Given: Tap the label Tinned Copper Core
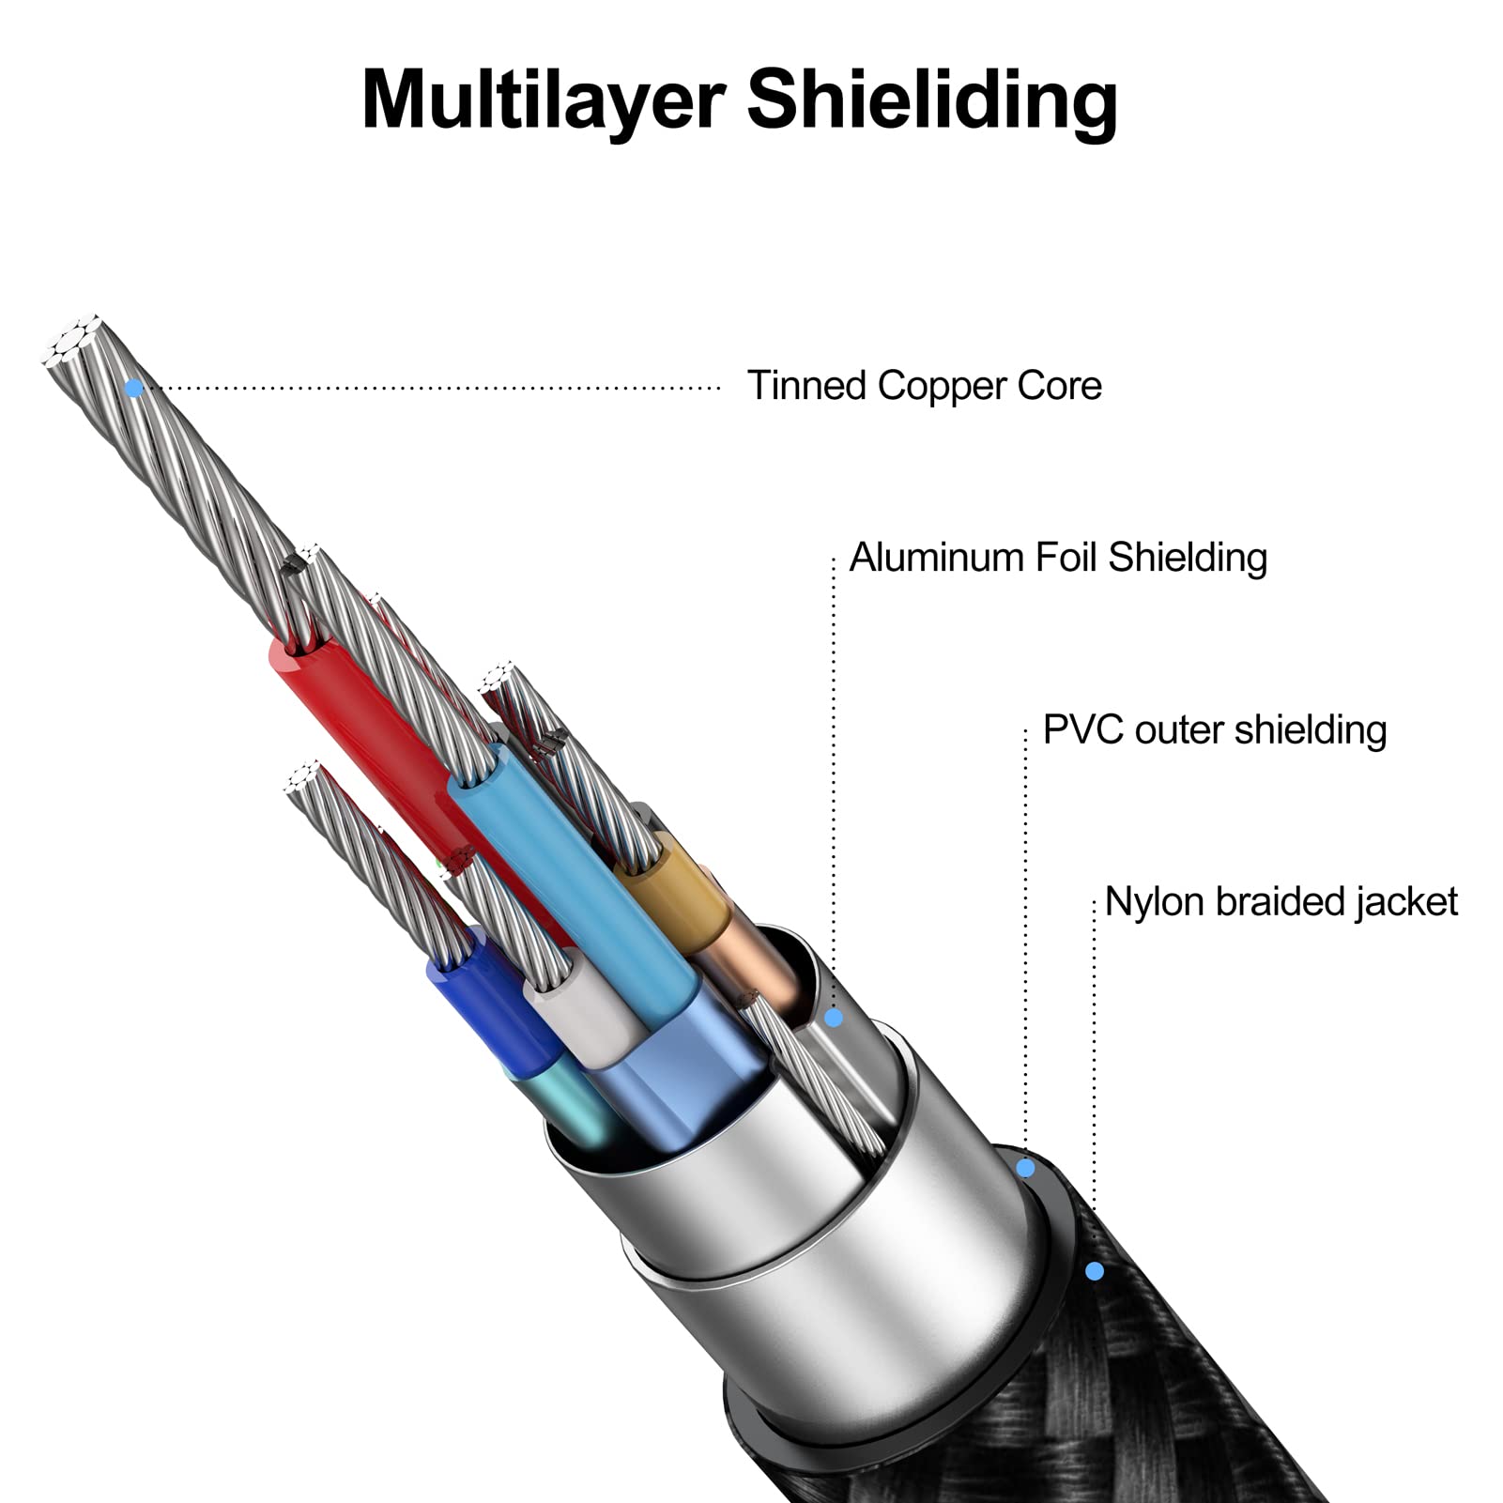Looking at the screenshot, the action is point(924,386).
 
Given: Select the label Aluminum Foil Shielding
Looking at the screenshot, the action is point(1058,558).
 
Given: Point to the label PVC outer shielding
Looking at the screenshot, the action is point(1215,729).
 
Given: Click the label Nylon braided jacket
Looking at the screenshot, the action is point(1281,902).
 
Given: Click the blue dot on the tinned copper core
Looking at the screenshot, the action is point(134,387).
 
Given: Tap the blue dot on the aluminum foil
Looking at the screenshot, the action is point(834,1018).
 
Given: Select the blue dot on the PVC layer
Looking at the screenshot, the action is point(1025,1169).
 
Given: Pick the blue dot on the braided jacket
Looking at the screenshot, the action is point(1094,1271).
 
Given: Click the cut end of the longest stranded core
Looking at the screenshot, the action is point(71,339).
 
